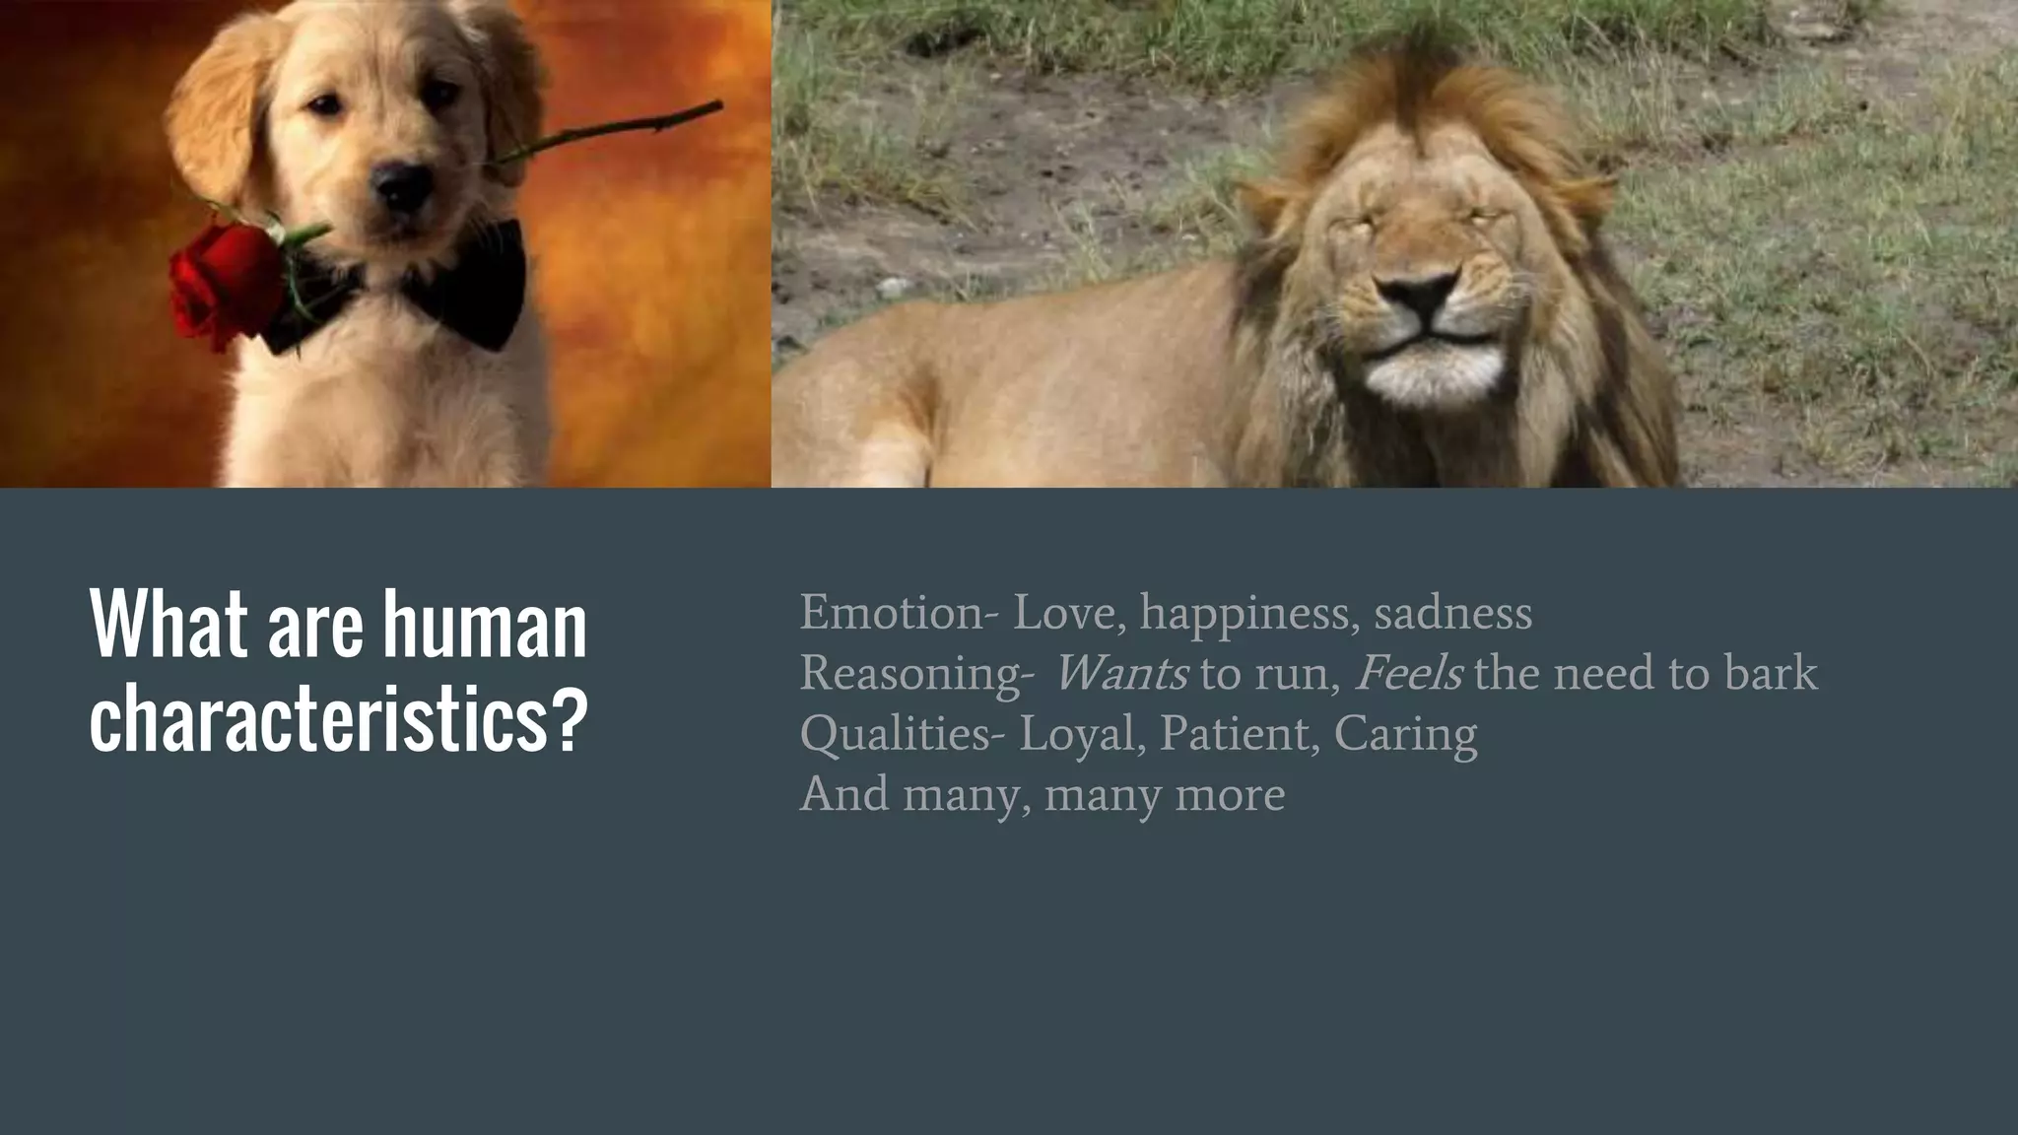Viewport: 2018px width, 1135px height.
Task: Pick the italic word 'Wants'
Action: [x=1121, y=674]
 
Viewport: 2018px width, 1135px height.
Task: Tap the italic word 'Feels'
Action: [x=1408, y=674]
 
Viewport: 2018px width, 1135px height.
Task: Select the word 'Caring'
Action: [x=1405, y=734]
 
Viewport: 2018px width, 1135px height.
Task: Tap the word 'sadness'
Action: [x=1452, y=613]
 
